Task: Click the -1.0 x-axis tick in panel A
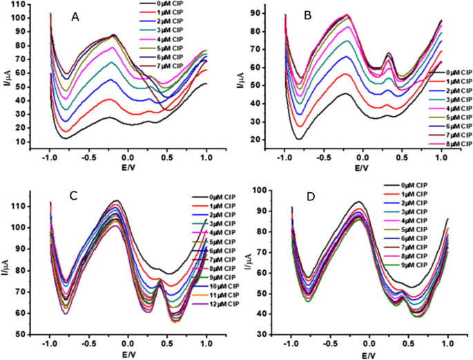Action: (51, 158)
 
